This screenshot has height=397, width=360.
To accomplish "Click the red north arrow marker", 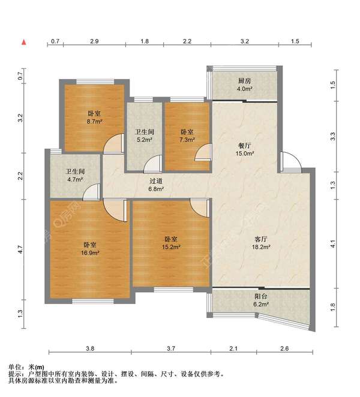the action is tap(24, 43).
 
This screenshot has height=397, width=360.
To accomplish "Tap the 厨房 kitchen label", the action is tap(244, 81).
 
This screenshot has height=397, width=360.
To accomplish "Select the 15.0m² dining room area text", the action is tap(245, 154).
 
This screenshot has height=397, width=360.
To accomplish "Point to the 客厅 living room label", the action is tap(260, 239).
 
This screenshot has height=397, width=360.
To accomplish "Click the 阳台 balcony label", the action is tap(260, 296).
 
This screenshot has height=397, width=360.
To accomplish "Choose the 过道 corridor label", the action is tap(156, 181).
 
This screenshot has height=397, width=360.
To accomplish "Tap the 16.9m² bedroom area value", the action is tap(90, 252).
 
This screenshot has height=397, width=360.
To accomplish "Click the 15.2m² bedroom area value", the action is tap(171, 247).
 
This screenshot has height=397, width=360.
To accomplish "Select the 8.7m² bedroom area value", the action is tap(94, 122).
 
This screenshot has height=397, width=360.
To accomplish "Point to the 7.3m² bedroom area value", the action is tap(187, 140).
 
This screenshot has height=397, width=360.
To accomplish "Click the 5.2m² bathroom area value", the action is tap(145, 140).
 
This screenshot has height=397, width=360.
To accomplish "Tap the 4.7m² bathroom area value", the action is tap(75, 179).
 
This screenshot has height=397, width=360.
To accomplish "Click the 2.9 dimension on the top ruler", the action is tap(94, 41).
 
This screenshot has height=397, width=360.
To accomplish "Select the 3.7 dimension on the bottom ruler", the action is tap(171, 348).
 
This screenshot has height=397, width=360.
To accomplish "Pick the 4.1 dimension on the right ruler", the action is tap(333, 244).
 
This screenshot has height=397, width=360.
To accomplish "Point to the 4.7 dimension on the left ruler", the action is tap(20, 249).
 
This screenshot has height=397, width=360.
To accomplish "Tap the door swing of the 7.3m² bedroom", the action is tap(203, 152).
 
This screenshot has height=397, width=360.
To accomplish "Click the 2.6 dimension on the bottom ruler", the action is tap(284, 348).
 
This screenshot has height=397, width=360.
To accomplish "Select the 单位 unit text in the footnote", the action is tap(14, 367).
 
